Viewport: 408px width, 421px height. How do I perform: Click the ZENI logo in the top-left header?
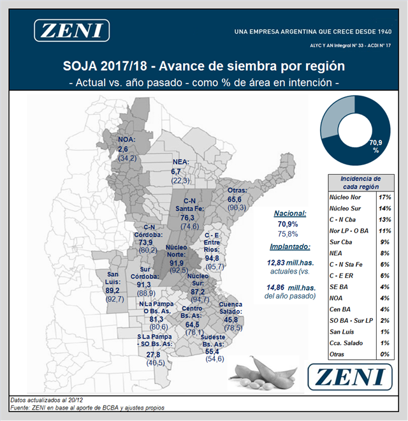71,31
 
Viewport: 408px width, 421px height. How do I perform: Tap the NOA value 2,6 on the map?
123,149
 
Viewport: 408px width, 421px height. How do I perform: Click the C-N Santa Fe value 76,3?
187,218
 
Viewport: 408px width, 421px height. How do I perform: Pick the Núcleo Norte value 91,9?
176,263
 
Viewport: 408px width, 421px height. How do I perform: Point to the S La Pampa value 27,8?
153,355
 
